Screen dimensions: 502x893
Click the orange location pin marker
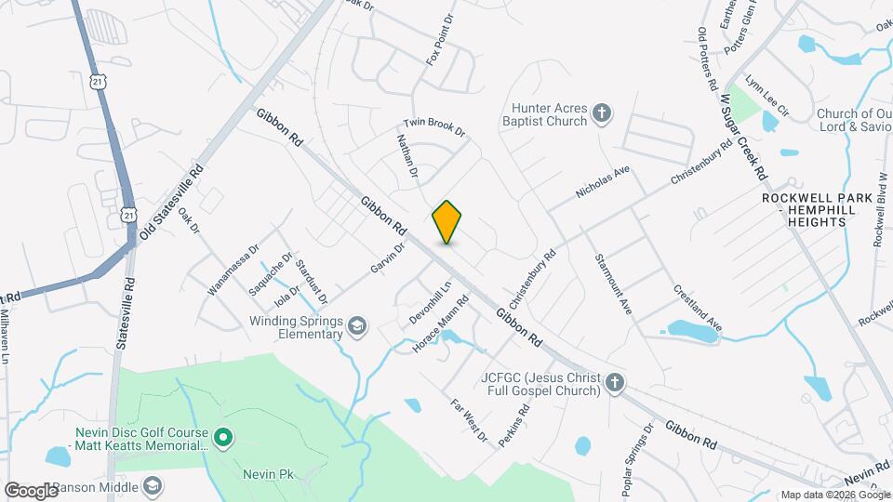point(446,221)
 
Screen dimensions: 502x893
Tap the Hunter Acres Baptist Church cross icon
point(602,113)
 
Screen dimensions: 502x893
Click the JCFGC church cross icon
point(614,383)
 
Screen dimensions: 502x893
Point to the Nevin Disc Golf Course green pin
point(222,435)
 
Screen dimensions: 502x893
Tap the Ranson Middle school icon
point(153,486)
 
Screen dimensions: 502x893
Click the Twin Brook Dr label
point(433,129)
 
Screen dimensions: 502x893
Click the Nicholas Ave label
point(604,181)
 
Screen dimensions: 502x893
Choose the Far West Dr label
point(469,420)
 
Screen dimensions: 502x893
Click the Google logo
point(31,490)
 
